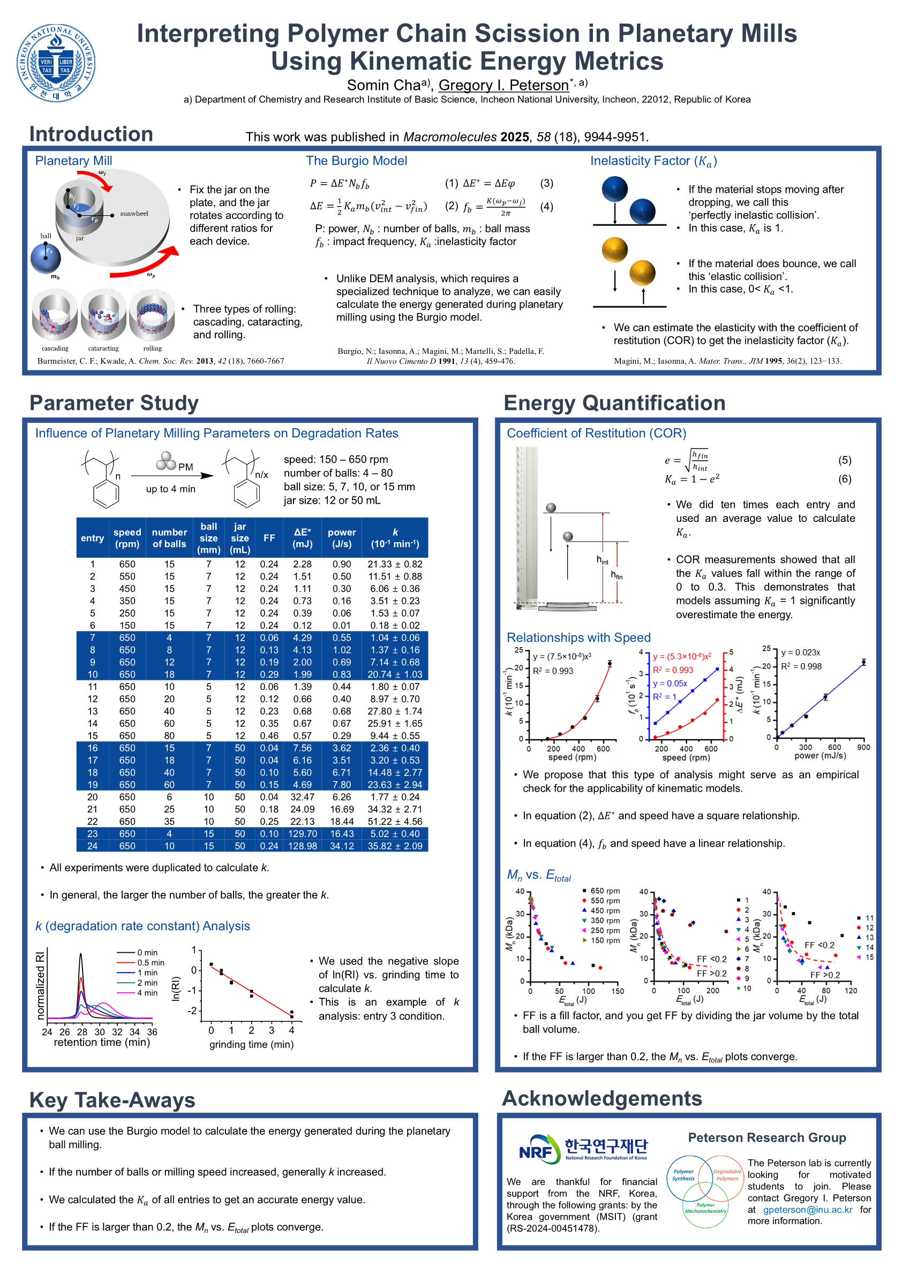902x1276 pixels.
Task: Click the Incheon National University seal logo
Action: [56, 63]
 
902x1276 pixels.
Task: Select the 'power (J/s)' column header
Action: [341, 538]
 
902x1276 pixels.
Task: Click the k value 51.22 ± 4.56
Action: [395, 822]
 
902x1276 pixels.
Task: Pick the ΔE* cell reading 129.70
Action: [303, 833]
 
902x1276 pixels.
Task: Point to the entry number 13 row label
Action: [92, 711]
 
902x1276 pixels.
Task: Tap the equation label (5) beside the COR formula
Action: [844, 460]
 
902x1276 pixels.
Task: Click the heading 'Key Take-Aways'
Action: [112, 1100]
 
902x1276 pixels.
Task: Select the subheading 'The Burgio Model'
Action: [357, 161]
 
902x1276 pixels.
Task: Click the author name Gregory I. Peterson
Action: [503, 85]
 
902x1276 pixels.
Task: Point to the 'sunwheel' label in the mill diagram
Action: [134, 214]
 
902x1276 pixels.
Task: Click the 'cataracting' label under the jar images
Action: [103, 348]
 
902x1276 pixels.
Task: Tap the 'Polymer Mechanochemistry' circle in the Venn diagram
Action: [705, 1207]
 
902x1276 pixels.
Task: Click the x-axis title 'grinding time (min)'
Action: [251, 1044]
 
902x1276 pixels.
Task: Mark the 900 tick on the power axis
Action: [863, 748]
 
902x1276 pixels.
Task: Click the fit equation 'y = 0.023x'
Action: [800, 652]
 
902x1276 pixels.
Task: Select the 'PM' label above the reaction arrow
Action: [186, 467]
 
